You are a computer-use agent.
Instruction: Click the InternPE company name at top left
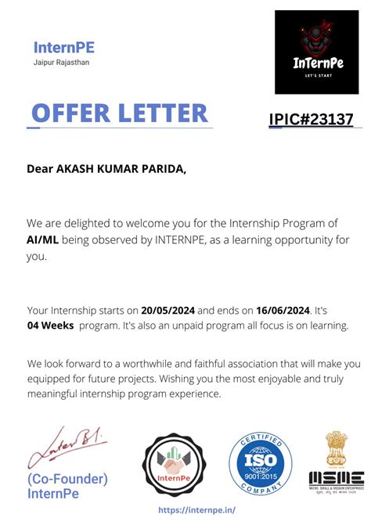(x=64, y=48)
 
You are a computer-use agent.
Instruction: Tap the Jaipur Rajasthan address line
(x=62, y=63)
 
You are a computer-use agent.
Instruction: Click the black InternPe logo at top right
(x=316, y=52)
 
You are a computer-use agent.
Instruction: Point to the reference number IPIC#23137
(x=311, y=120)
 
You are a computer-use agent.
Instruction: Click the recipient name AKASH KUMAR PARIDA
(x=121, y=167)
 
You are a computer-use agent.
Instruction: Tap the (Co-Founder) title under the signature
(x=67, y=479)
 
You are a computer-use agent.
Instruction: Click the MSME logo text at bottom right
(x=336, y=476)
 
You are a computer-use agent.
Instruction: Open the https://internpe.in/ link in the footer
(x=196, y=509)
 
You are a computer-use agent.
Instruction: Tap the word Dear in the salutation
(x=40, y=167)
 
